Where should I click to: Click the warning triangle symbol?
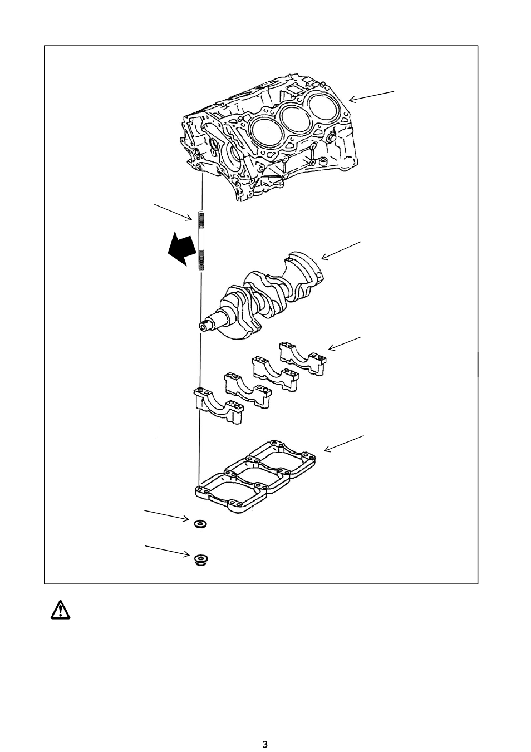[x=58, y=610]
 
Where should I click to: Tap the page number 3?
[x=265, y=744]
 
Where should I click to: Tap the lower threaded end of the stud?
[x=201, y=259]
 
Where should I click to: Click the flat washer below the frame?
[x=199, y=524]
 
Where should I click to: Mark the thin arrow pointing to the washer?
[x=167, y=514]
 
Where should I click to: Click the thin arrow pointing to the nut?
[x=167, y=551]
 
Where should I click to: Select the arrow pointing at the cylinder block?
[x=371, y=95]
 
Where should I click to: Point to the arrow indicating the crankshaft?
[x=341, y=250]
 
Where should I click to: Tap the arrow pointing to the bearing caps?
[x=345, y=343]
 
